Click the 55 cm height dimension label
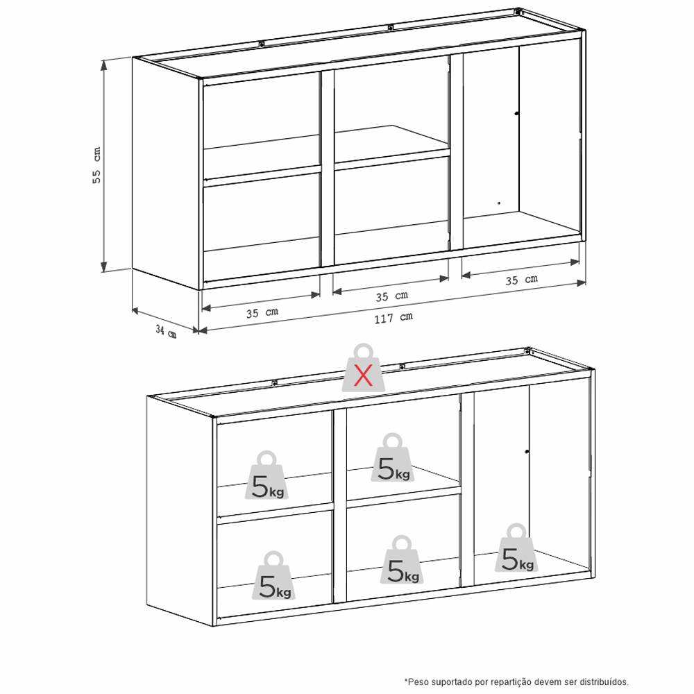pos(96,165)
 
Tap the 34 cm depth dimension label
pos(166,330)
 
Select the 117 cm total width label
pos(393,318)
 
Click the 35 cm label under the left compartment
pos(262,312)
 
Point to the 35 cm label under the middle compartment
pos(391,296)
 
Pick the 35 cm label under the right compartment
pos(521,280)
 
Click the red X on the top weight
pos(364,377)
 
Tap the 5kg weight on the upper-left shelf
pos(267,475)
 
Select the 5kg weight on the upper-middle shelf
pos(393,457)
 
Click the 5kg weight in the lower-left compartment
pos(273,575)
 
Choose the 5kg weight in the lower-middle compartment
pos(401,560)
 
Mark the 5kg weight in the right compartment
pos(516,548)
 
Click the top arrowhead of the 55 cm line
pos(104,65)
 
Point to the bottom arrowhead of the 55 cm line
pos(104,266)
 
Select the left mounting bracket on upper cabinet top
pos(262,44)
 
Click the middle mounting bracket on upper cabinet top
pos(390,28)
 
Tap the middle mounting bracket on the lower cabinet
pos(402,366)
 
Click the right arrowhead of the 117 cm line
pos(582,283)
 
